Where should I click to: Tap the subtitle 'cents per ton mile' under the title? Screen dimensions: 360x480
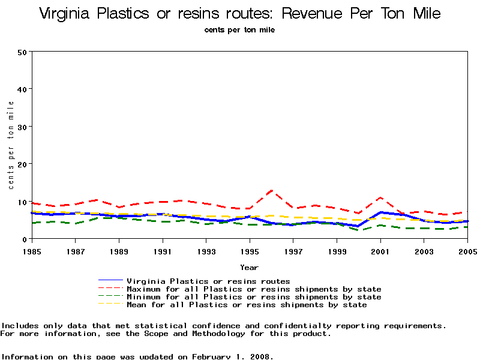click(x=239, y=29)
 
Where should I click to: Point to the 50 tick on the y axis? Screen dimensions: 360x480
click(x=22, y=52)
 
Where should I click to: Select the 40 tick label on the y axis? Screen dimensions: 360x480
click(x=22, y=89)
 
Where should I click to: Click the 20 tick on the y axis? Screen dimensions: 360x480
click(x=22, y=164)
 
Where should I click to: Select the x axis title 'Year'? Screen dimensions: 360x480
click(x=249, y=267)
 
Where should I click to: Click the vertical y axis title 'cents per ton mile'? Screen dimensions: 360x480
click(x=11, y=145)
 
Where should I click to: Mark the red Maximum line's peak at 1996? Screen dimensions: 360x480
click(x=272, y=191)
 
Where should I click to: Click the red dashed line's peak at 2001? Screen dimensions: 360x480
click(x=380, y=197)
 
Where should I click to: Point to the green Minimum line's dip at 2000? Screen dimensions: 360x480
click(x=359, y=230)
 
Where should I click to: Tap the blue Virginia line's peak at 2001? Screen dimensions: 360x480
click(x=380, y=212)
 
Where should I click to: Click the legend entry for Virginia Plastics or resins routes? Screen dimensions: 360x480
click(x=208, y=281)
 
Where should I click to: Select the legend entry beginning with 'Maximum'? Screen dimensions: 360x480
click(x=254, y=289)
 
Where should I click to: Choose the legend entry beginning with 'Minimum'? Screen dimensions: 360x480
click(x=254, y=297)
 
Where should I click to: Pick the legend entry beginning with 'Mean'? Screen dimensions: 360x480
click(x=247, y=305)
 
